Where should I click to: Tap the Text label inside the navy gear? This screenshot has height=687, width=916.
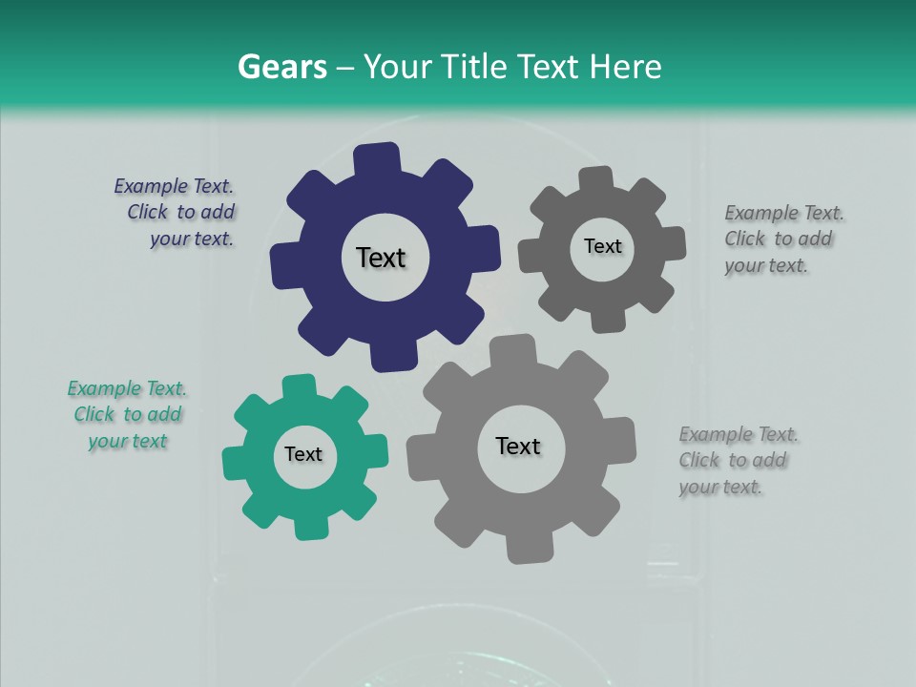coord(382,258)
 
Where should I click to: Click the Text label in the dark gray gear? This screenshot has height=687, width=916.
coord(602,246)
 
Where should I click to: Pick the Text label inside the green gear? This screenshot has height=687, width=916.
coord(303,454)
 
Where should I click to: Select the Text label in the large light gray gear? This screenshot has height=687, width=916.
coord(518,446)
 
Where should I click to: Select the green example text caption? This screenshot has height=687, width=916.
coord(127,415)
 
